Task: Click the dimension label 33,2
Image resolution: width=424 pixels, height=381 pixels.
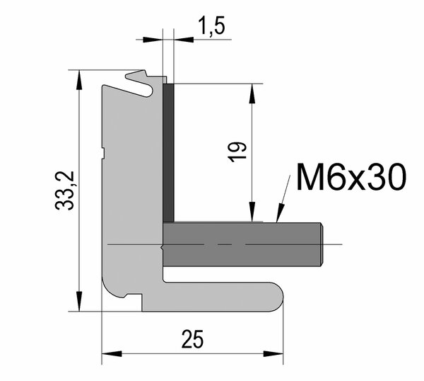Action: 64,190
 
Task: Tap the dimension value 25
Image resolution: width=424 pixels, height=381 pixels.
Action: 192,339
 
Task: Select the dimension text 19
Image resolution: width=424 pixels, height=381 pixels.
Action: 237,152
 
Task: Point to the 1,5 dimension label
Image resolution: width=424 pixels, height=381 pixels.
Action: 211,25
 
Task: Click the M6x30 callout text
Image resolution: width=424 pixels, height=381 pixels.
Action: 351,177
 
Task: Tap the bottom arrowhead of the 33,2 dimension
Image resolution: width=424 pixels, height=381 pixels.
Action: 79,302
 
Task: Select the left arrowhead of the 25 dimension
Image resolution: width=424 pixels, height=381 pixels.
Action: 112,353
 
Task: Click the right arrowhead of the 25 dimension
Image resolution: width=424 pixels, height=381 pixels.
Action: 273,353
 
